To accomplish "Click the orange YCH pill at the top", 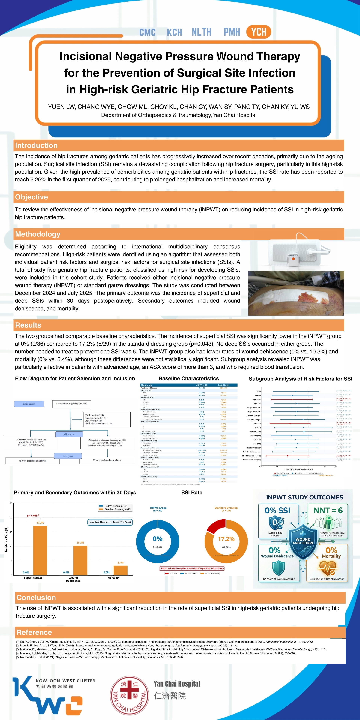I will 259,32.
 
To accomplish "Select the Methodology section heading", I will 38,234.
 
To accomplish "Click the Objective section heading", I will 31,197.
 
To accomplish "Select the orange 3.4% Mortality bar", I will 120,570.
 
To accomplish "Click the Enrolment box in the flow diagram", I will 29,404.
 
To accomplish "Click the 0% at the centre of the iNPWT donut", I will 158,539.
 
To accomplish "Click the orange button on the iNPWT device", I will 293,259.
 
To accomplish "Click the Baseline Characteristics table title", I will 189,378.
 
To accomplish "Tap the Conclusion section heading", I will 36,598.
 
